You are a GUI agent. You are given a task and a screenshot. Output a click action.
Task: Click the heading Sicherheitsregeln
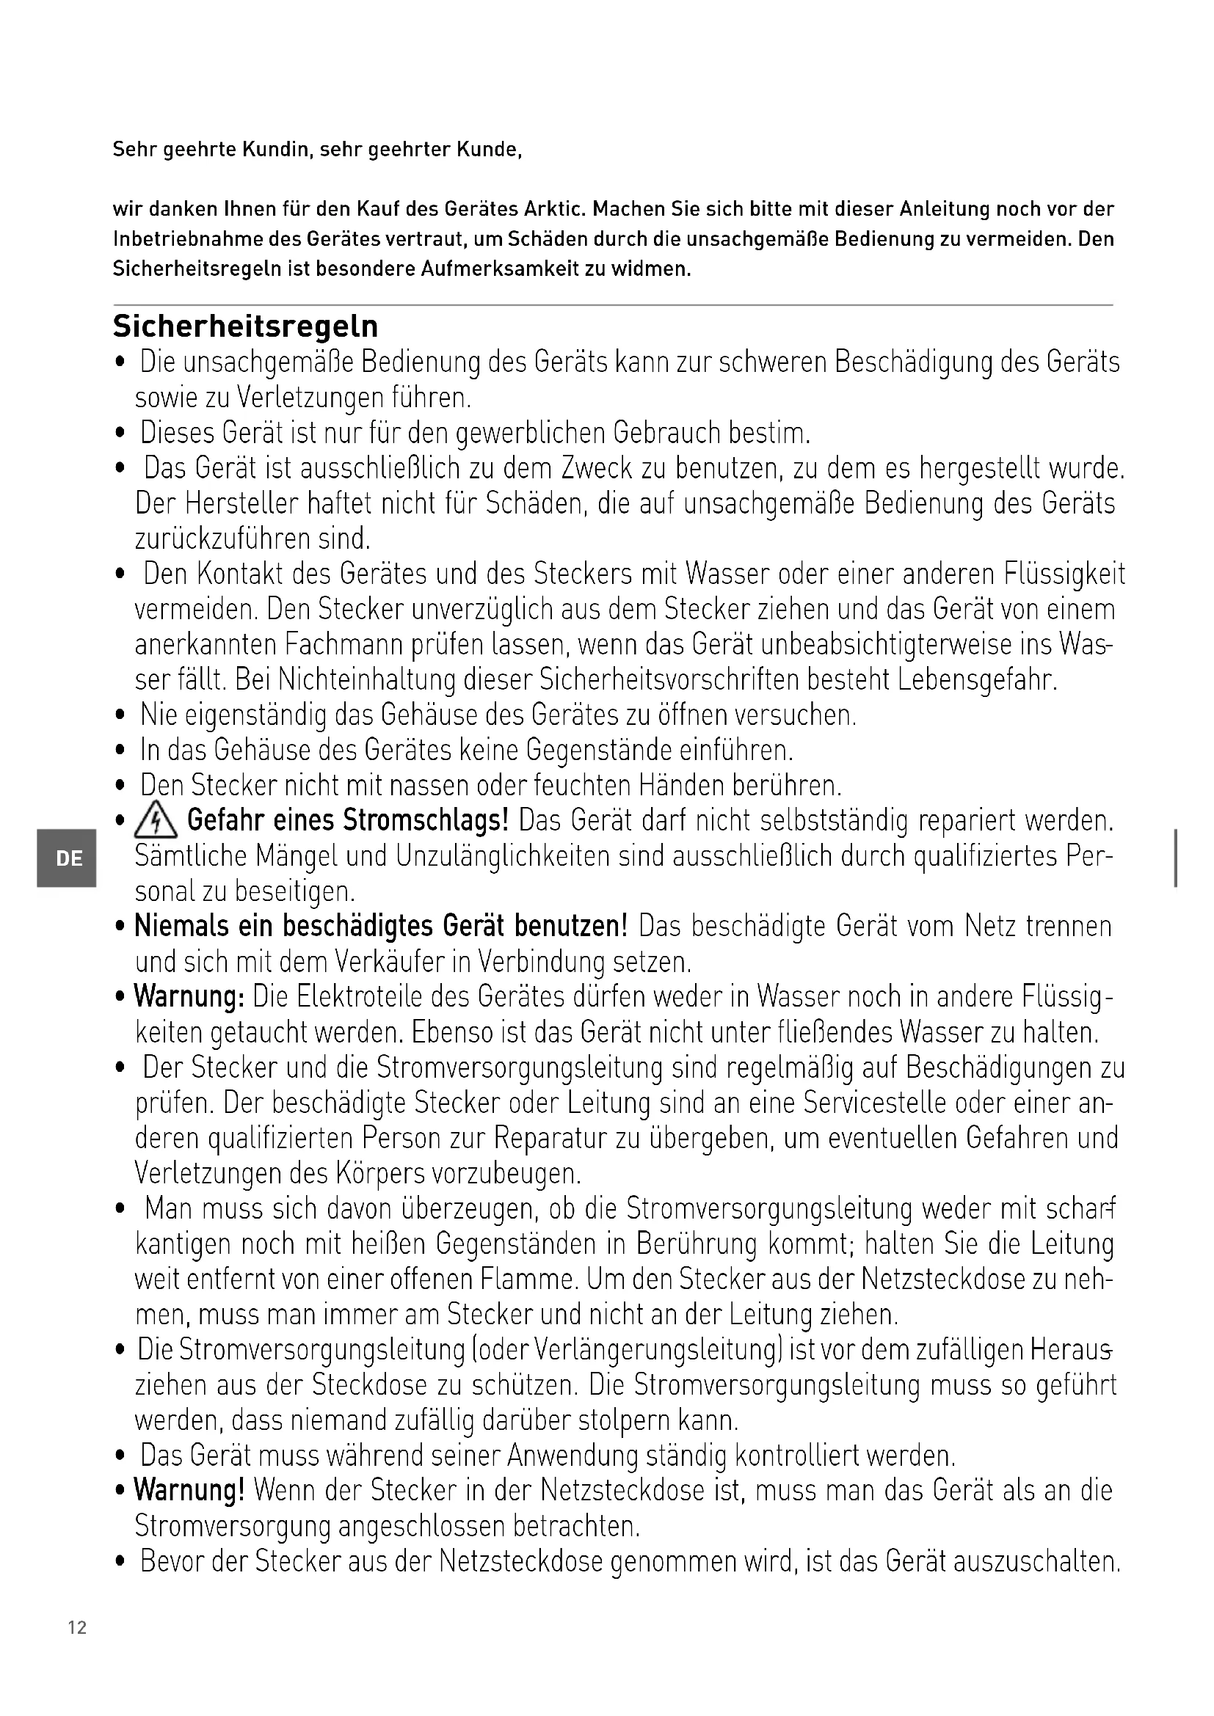[245, 326]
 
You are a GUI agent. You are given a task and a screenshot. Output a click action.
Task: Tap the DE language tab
[69, 859]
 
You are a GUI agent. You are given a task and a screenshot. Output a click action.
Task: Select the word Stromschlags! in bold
[426, 822]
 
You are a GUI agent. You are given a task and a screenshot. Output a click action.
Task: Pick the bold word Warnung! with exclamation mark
[189, 1492]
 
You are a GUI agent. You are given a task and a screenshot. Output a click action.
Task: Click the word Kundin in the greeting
[275, 150]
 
